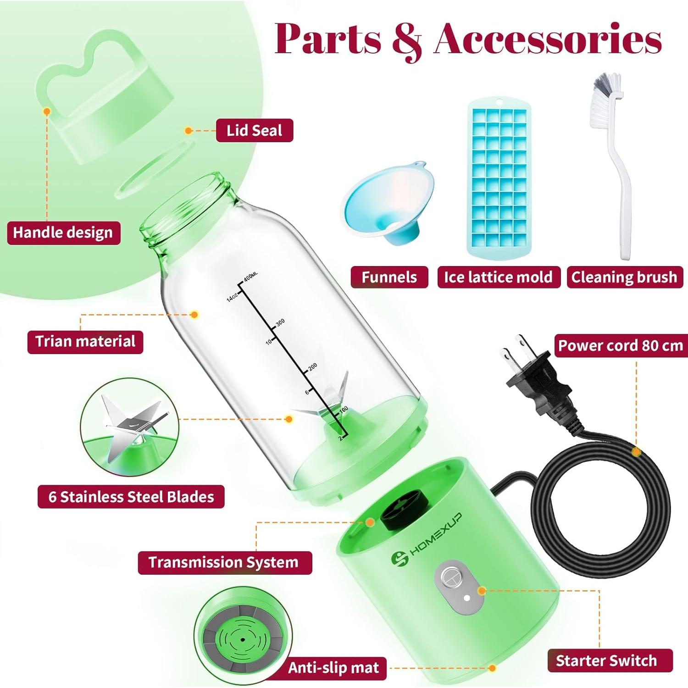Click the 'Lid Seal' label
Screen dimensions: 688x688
[254, 131]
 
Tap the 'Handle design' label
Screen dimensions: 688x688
[63, 233]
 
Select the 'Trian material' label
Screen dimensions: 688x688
[85, 342]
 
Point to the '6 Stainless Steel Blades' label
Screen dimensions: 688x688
[131, 497]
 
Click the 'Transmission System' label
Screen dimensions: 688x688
[224, 562]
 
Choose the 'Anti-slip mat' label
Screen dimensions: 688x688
[333, 668]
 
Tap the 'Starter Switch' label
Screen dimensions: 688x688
[606, 660]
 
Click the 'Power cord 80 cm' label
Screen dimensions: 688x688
[620, 345]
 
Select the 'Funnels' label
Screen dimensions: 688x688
[389, 277]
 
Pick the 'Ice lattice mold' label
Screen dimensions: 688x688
[498, 277]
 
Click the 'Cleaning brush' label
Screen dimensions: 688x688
[624, 277]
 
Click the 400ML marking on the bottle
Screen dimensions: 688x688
[250, 277]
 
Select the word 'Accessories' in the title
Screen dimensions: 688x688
[548, 39]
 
